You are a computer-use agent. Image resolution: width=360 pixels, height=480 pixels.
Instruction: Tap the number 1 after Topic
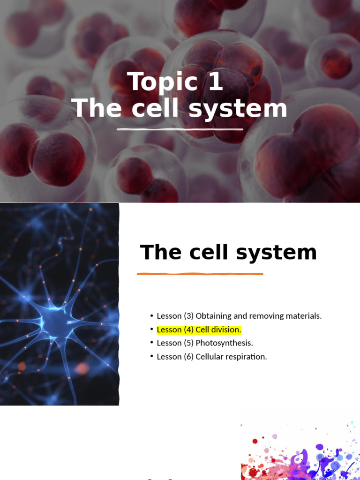coord(213,82)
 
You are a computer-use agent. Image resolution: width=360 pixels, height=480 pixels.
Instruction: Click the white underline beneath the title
coord(180,129)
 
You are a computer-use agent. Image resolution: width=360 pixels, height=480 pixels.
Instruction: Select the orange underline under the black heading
coord(200,274)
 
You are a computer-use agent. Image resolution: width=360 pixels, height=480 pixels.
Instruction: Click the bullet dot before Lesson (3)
coord(152,316)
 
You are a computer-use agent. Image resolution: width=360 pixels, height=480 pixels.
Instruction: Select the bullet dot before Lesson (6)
coord(152,357)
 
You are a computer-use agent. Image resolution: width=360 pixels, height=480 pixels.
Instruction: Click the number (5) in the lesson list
coord(188,343)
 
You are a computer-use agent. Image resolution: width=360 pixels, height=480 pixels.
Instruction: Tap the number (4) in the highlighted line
coord(188,330)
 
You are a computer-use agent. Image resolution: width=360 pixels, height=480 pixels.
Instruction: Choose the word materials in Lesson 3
coord(304,316)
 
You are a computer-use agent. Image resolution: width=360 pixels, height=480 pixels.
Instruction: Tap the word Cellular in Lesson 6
coord(211,357)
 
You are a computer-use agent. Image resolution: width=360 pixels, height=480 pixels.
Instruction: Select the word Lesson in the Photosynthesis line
coord(169,343)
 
